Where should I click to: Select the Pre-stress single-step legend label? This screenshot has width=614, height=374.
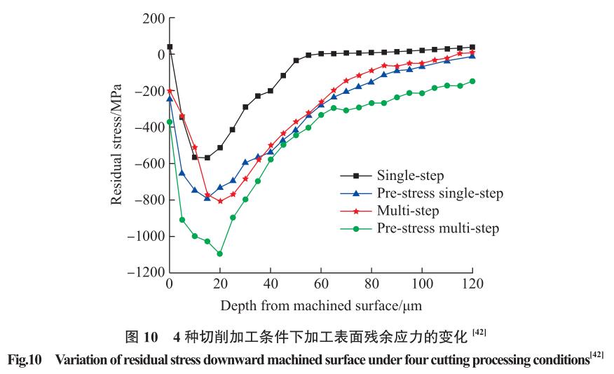(x=440, y=193)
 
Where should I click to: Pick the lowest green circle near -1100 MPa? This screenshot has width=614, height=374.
(x=220, y=254)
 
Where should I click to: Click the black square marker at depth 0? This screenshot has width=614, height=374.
(x=170, y=47)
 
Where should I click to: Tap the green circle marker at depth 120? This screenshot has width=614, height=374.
(x=472, y=81)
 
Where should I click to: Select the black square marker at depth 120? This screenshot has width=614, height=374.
(x=472, y=47)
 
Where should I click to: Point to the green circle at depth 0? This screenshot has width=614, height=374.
(x=170, y=122)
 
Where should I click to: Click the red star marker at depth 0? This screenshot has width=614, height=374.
(x=170, y=91)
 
